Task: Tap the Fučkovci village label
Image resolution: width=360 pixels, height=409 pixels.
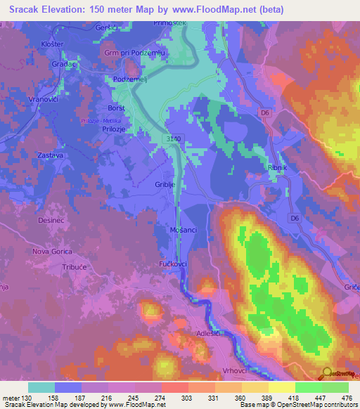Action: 172,264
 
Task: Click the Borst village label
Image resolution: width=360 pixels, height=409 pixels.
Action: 115,108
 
